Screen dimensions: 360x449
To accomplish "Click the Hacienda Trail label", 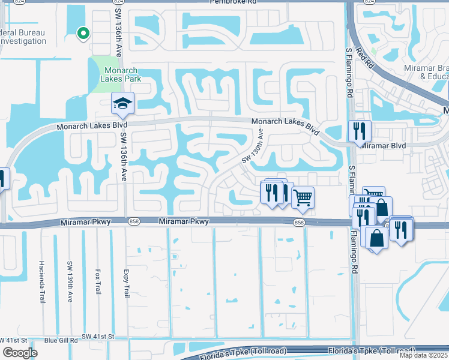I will pos(42,273).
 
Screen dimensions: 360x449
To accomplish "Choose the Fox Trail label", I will pos(97,280).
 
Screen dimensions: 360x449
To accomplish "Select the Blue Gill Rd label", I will pos(61,340).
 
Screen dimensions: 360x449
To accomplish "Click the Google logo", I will pos(20,353).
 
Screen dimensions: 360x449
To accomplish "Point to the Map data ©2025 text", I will pos(424,356).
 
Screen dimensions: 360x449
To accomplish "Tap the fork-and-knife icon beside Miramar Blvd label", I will pos(360,131).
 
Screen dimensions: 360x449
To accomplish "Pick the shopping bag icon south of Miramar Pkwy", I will pos(376,238).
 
